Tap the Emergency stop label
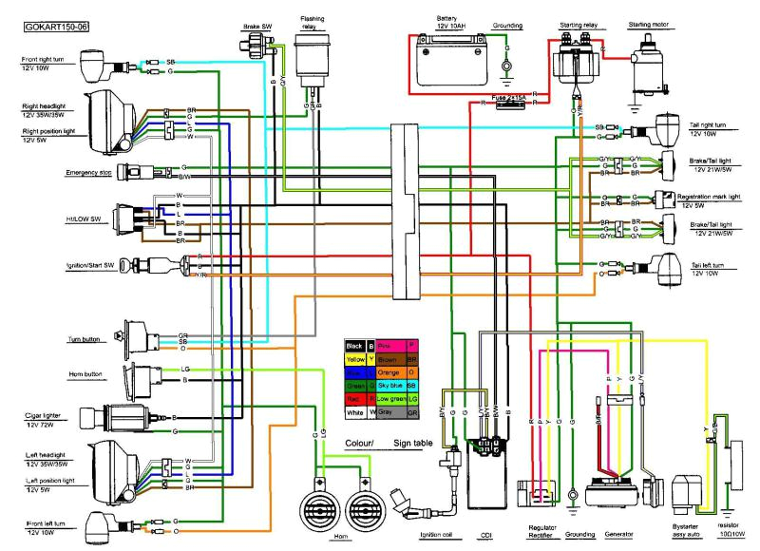[x=89, y=173]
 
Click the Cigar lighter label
[x=44, y=414]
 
